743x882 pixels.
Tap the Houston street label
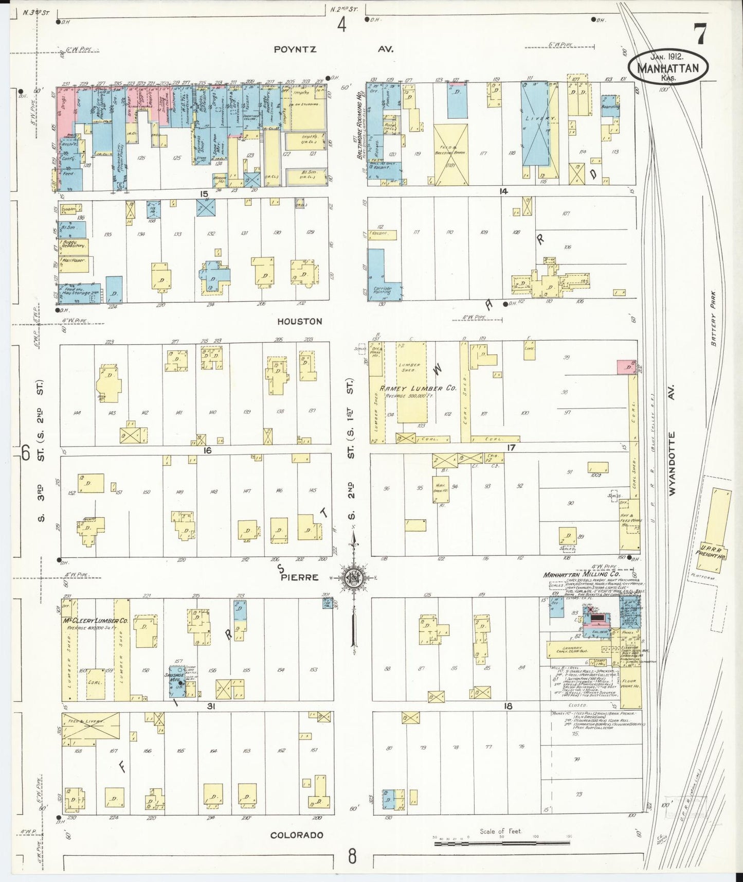coord(300,321)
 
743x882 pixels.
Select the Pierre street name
coord(299,577)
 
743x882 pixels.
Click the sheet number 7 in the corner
coord(700,35)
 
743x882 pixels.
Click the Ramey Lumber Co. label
coord(418,389)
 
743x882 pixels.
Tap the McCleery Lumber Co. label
coord(96,621)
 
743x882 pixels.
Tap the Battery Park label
coord(713,325)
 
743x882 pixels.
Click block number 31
coord(210,707)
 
